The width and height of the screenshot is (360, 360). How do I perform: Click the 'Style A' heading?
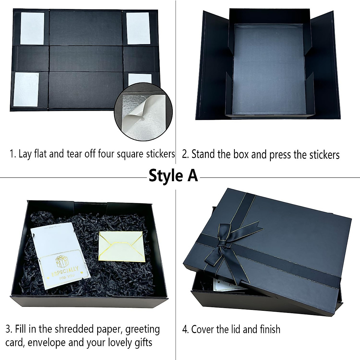[173, 176]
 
